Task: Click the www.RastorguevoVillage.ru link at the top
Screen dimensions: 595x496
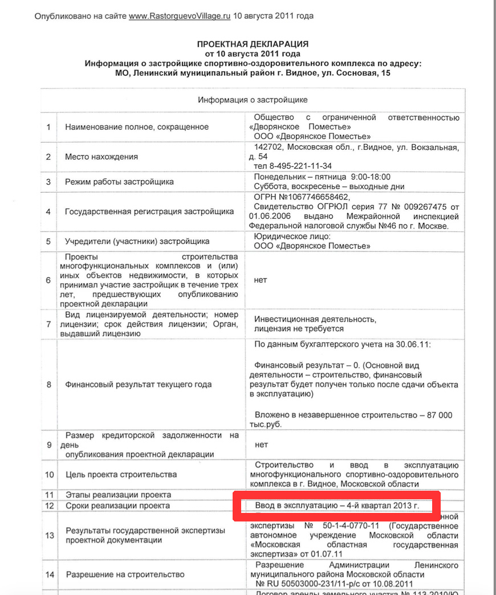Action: (180, 17)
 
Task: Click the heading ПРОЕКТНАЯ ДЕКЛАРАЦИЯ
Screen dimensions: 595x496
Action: (253, 43)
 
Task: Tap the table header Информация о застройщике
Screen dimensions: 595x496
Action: (253, 100)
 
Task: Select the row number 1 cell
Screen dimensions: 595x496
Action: (48, 127)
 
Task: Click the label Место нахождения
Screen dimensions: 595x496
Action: (101, 157)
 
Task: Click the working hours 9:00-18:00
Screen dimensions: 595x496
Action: (371, 177)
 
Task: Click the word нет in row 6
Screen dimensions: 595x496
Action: (261, 280)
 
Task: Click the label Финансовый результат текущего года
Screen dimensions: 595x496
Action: (139, 384)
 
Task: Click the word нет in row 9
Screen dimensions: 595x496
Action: (261, 445)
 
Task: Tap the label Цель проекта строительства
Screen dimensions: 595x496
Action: (121, 474)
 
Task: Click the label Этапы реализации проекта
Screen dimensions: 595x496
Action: (118, 495)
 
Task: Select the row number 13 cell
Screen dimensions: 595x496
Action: (49, 535)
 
